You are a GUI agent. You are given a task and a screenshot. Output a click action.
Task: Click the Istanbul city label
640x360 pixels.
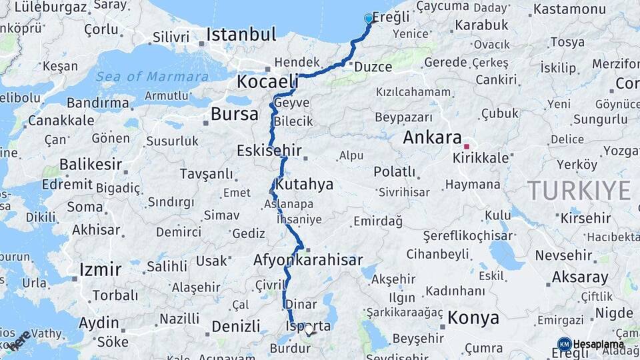[x=241, y=34]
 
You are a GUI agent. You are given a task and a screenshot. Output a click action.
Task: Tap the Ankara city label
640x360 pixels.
[x=432, y=138]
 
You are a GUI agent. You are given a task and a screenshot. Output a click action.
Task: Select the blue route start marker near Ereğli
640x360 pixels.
[x=369, y=19]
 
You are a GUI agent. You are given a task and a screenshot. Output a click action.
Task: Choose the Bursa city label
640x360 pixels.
[x=234, y=114]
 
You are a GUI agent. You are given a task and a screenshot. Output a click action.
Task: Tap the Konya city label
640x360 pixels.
[x=473, y=317]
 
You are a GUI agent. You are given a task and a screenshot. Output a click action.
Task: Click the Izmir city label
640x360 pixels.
[x=100, y=269]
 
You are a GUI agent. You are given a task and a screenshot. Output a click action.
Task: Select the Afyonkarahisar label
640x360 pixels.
[x=308, y=260]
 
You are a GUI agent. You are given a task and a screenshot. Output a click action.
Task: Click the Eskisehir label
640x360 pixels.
[x=269, y=151]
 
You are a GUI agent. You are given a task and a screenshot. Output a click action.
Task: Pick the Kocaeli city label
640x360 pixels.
[x=267, y=81]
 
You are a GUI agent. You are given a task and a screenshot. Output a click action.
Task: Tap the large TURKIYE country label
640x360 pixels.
[x=579, y=191]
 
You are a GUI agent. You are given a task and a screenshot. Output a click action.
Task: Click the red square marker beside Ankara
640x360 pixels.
[x=467, y=147]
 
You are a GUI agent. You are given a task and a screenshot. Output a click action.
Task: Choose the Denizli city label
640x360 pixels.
[x=235, y=326]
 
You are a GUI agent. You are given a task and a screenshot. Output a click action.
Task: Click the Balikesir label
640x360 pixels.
[x=91, y=164]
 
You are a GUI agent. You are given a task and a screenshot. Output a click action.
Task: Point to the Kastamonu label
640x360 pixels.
[x=570, y=9]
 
